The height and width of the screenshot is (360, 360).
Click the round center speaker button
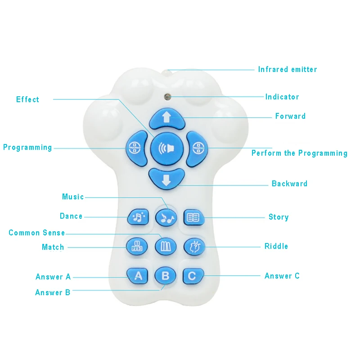point(167,148)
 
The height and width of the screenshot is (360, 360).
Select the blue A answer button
point(138,276)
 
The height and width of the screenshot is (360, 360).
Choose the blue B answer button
point(166,275)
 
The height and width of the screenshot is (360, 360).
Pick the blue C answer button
point(193,276)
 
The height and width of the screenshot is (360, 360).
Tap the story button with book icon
point(194,217)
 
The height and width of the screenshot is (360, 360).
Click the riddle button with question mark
point(194,247)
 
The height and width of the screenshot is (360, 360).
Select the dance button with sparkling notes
point(138,217)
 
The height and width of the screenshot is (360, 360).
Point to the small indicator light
point(167,97)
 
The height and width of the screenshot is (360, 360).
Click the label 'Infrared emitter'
point(288,69)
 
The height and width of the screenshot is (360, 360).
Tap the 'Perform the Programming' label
point(299,153)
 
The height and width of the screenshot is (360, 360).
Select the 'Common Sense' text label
point(37,233)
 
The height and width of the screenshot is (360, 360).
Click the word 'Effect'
point(27,99)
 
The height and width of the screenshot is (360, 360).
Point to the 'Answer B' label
point(53,292)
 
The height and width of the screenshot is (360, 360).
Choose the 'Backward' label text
point(289,184)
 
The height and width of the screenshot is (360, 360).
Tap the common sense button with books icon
point(166,247)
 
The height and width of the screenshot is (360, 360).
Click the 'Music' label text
point(73,197)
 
